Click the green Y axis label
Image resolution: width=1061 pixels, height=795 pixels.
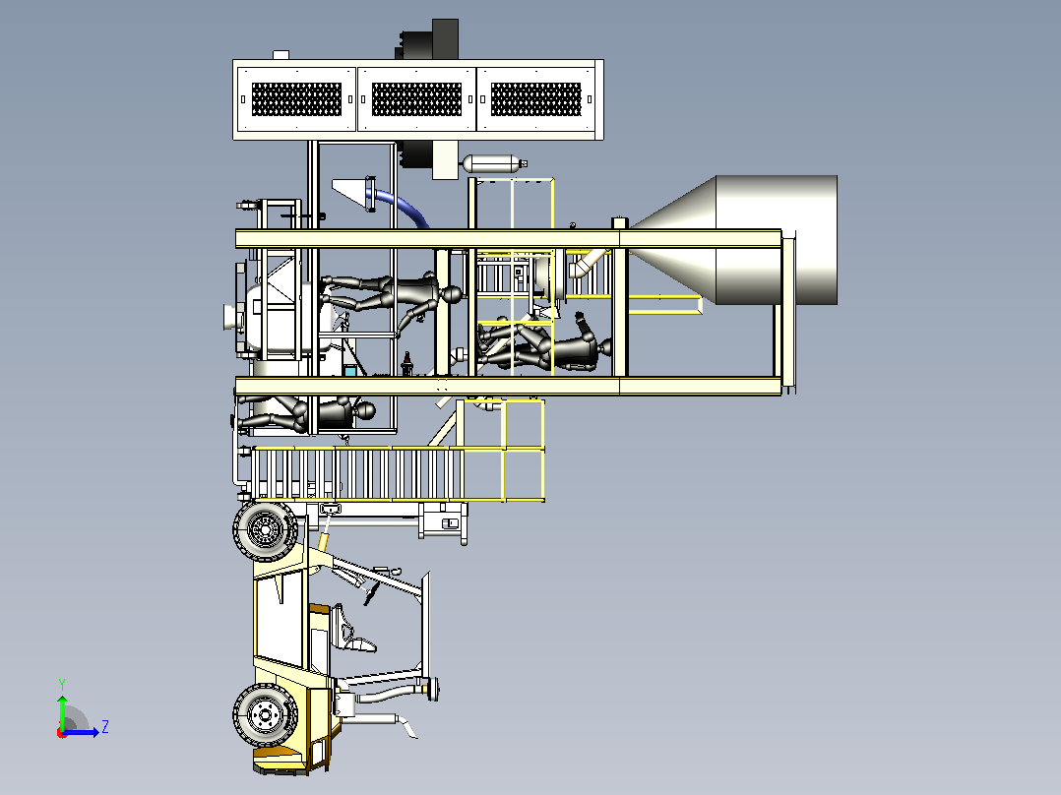(x=62, y=684)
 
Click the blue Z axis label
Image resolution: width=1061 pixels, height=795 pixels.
(x=105, y=727)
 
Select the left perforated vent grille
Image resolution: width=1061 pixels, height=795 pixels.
(x=296, y=99)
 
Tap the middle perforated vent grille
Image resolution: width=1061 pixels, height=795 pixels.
(x=416, y=99)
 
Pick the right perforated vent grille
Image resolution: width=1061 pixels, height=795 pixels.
(x=535, y=99)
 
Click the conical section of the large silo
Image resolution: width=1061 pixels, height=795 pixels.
(x=673, y=240)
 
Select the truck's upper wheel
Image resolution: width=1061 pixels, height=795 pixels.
(x=266, y=530)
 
